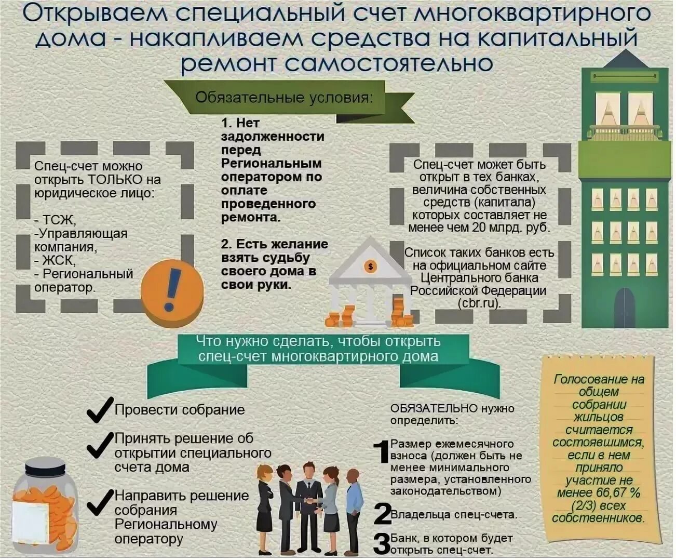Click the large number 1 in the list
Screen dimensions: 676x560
point(382,451)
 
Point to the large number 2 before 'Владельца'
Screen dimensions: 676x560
point(382,514)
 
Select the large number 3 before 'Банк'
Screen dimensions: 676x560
point(382,543)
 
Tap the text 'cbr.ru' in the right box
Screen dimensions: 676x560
point(478,303)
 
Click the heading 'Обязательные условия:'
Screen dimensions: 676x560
point(283,97)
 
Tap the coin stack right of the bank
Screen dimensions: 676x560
point(400,312)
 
